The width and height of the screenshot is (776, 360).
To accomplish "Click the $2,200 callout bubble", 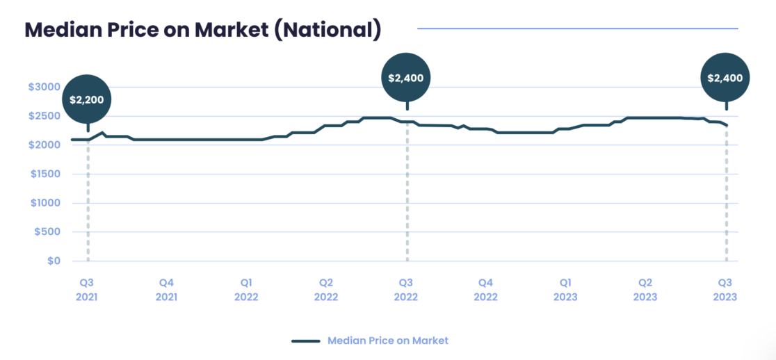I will pyautogui.click(x=87, y=99).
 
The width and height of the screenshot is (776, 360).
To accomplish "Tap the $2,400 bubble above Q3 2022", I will pyautogui.click(x=406, y=78).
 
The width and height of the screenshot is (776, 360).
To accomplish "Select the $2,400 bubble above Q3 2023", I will pyautogui.click(x=725, y=78).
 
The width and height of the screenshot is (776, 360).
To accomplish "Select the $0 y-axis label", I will pyautogui.click(x=54, y=261).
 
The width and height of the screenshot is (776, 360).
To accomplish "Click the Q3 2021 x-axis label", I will pyautogui.click(x=87, y=289).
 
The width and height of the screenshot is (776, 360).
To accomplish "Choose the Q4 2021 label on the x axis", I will pyautogui.click(x=166, y=289).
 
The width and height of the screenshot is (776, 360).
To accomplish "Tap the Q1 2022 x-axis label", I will pyautogui.click(x=246, y=289).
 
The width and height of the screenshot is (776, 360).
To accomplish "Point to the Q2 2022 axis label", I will pyautogui.click(x=326, y=289).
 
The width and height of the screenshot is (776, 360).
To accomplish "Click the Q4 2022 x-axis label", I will pyautogui.click(x=485, y=289).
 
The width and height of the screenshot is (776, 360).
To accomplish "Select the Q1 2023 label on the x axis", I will pyautogui.click(x=565, y=289).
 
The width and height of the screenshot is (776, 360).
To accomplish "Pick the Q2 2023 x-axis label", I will pyautogui.click(x=645, y=289).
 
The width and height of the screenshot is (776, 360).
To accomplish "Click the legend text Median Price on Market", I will pyautogui.click(x=388, y=341).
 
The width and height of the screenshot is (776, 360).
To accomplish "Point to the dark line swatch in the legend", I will pyautogui.click(x=305, y=341).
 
